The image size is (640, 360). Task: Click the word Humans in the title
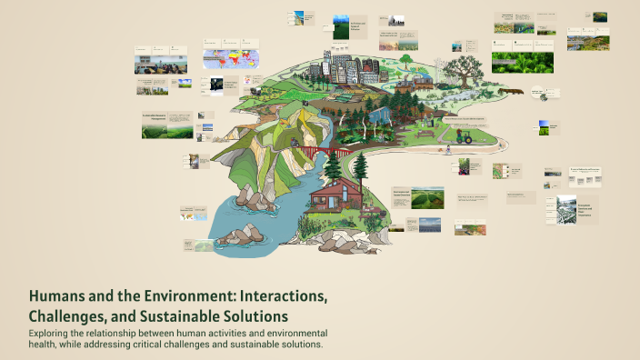[x=58, y=297]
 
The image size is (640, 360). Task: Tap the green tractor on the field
[x=464, y=137]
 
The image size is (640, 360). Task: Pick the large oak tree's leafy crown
[x=468, y=66]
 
